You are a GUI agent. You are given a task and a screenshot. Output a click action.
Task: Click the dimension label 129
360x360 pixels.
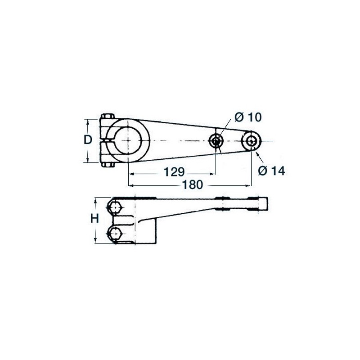pyautogui.click(x=174, y=172)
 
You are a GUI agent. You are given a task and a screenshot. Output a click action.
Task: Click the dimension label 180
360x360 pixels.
pyautogui.click(x=193, y=185)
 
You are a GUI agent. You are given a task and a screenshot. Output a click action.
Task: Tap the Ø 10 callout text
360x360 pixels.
pyautogui.click(x=248, y=117)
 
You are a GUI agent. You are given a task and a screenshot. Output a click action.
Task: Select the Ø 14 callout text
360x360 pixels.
pyautogui.click(x=271, y=171)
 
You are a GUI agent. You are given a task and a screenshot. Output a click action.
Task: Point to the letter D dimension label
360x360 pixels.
pyautogui.click(x=88, y=140)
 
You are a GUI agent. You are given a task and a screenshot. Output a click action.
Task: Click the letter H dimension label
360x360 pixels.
pyautogui.click(x=94, y=218)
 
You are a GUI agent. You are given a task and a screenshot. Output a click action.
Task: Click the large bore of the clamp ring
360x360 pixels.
pyautogui.click(x=128, y=140)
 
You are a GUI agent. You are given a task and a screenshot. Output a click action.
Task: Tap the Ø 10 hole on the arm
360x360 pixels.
pyautogui.click(x=216, y=141)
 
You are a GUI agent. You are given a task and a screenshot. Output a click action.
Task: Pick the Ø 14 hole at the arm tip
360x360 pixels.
pyautogui.click(x=252, y=141)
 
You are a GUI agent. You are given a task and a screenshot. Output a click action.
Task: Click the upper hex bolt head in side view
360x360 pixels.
pyautogui.click(x=115, y=207)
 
